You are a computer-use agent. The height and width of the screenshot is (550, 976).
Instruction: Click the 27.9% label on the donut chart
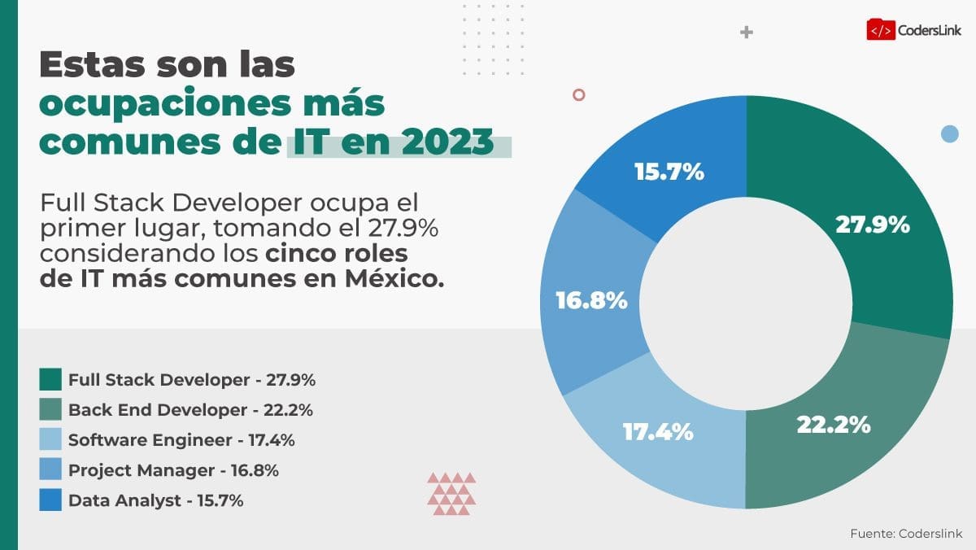point(872,225)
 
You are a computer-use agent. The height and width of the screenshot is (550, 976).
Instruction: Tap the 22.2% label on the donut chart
point(833,424)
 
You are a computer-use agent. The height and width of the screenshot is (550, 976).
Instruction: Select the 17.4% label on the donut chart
point(658,431)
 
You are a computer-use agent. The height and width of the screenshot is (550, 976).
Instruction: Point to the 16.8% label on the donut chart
point(591,300)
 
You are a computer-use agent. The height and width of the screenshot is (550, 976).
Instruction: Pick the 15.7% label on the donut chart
point(669,172)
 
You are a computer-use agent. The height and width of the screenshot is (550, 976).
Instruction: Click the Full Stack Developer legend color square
point(50,379)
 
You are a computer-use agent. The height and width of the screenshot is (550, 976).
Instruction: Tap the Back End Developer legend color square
point(50,409)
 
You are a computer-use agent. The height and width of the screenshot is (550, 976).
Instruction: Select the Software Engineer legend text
point(181,440)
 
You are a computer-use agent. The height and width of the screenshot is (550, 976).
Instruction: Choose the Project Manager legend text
point(173,470)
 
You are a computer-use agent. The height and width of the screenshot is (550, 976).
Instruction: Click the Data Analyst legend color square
point(50,500)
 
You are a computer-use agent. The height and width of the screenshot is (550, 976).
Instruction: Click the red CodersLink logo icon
point(880,30)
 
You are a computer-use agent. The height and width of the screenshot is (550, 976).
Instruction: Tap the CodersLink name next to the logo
point(930,31)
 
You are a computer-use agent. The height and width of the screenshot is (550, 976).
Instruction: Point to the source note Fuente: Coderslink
point(906,534)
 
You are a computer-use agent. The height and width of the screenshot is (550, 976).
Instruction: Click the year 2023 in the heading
point(446,142)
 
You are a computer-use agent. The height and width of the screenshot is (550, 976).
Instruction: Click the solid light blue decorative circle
point(949,133)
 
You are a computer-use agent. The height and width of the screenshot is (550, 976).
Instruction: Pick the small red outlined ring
point(578,94)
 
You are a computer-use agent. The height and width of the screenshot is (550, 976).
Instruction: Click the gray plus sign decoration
point(746,33)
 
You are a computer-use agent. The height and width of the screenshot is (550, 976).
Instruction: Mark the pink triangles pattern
point(451,493)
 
